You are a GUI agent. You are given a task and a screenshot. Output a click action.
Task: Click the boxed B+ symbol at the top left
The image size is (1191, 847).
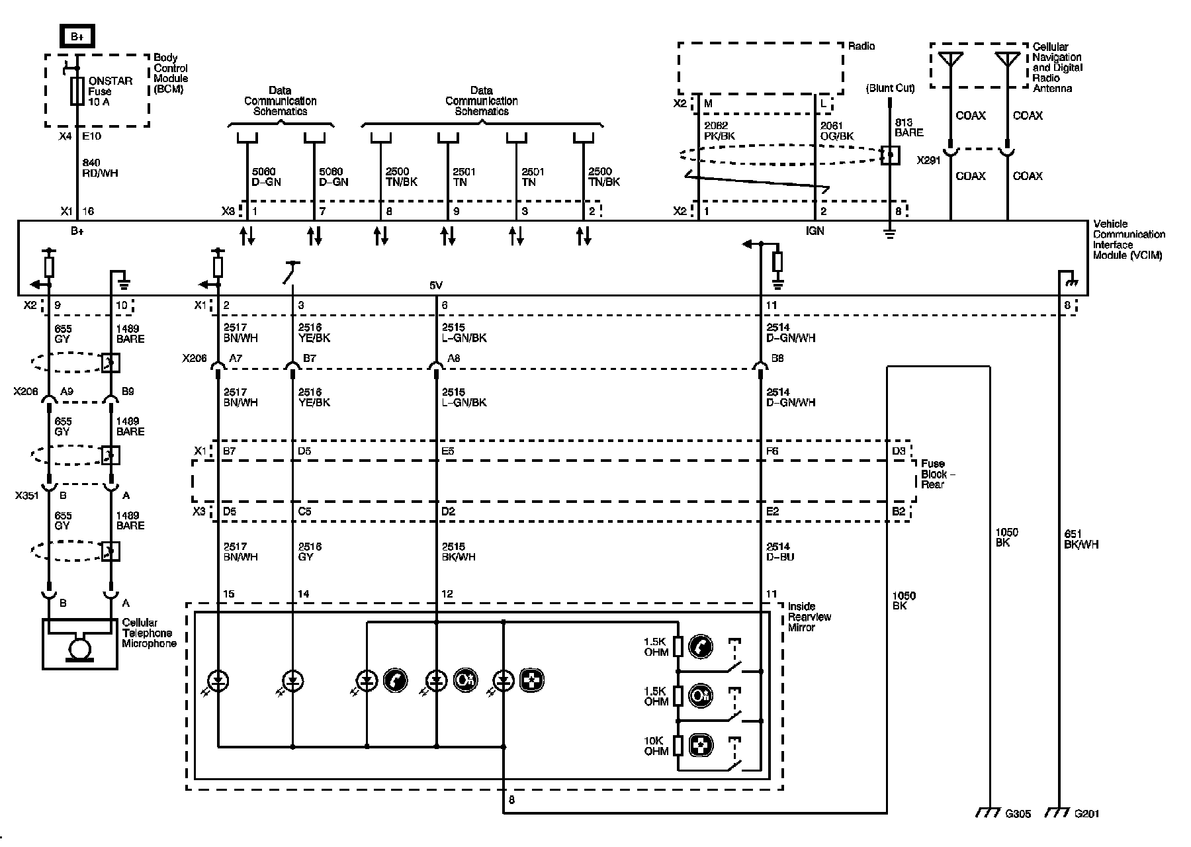point(77,37)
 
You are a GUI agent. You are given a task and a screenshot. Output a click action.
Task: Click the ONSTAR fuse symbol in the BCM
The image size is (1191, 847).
point(77,91)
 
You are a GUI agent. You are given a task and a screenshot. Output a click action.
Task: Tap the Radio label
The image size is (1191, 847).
point(861,46)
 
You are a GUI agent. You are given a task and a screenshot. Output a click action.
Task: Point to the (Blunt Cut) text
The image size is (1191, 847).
point(890,88)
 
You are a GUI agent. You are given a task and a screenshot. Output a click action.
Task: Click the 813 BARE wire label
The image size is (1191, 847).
point(908,128)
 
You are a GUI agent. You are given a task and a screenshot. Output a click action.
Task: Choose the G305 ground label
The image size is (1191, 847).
point(1018,814)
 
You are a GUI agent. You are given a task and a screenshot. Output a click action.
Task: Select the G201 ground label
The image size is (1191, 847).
point(1086,814)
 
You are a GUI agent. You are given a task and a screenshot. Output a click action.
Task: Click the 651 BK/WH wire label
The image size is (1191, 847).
point(1081,539)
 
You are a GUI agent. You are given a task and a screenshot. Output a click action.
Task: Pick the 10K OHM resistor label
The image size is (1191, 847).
point(656,746)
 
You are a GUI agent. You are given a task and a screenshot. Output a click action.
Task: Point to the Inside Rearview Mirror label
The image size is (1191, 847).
point(809,617)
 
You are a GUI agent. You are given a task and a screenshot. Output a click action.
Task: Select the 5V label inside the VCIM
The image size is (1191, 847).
point(436,286)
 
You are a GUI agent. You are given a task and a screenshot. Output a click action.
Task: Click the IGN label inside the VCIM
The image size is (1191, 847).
point(815,231)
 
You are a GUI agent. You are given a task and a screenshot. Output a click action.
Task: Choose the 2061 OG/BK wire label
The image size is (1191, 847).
point(837,130)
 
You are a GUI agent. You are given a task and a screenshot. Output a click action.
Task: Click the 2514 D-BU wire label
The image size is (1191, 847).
point(780,552)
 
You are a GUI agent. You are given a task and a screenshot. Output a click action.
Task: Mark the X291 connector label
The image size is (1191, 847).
point(928,160)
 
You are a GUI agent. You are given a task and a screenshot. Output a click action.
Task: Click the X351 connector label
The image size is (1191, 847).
point(26,495)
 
